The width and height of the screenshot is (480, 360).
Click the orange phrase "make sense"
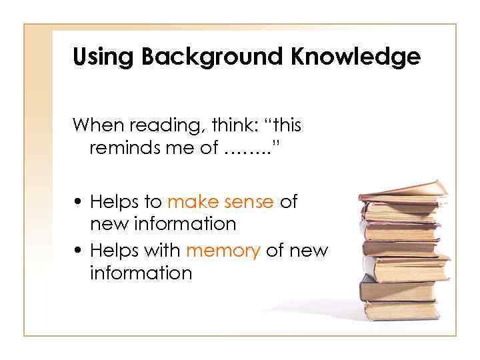[x=220, y=202]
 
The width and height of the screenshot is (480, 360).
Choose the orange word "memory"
[x=223, y=251]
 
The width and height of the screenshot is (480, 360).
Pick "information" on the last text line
[x=141, y=273]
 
